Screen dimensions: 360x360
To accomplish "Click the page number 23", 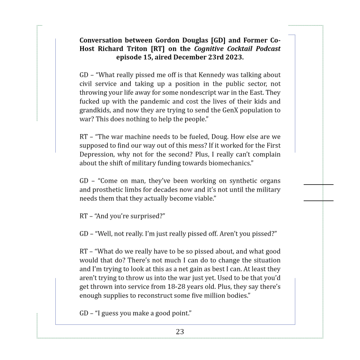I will [x=180, y=331].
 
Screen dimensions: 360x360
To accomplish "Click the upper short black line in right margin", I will [x=318, y=185].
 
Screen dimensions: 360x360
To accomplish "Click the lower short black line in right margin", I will [x=318, y=201].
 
